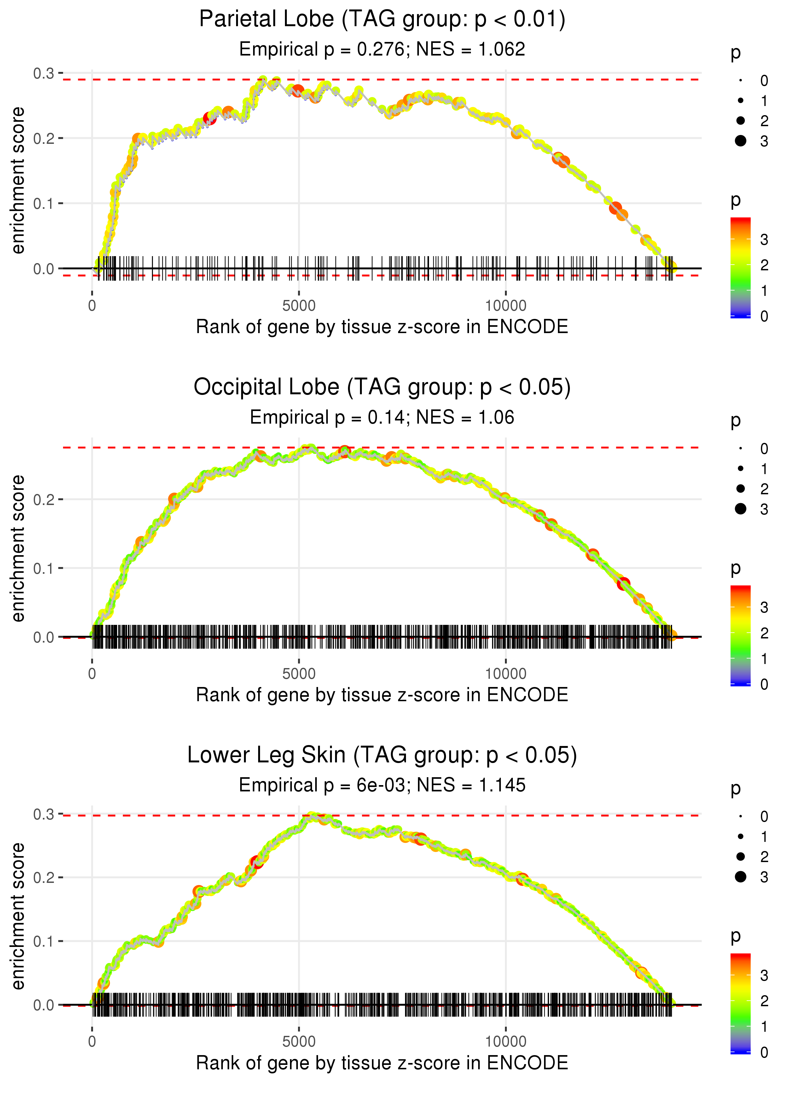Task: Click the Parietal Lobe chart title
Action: point(382,20)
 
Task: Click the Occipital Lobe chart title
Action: point(382,387)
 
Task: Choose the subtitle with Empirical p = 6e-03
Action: point(382,785)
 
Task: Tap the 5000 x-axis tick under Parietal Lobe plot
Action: point(299,306)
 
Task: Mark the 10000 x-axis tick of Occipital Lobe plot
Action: point(506,674)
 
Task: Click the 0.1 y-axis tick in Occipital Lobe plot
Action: point(44,568)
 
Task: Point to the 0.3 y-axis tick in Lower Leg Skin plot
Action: point(44,814)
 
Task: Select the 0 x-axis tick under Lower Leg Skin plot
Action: point(92,1042)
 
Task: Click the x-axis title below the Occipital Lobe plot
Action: point(382,695)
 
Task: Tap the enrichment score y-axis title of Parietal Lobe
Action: point(18,181)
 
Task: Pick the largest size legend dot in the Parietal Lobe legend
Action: point(740,141)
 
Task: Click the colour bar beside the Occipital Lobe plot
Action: point(740,635)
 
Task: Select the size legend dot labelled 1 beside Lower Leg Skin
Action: point(740,837)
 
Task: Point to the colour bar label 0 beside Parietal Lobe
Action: point(764,317)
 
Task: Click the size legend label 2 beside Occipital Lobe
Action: point(764,489)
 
